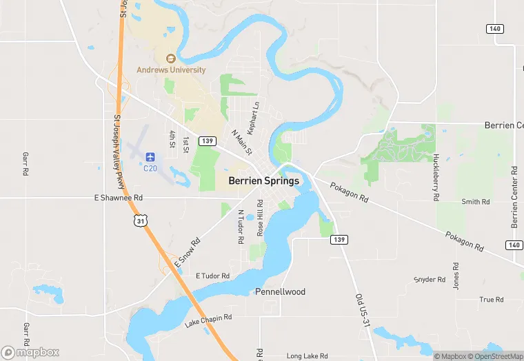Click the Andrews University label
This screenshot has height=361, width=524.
click(x=171, y=70)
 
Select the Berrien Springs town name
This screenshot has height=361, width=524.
click(x=264, y=181)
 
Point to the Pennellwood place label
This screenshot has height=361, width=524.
click(x=280, y=292)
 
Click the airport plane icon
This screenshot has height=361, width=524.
click(x=150, y=156)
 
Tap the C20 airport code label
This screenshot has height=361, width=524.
click(x=150, y=167)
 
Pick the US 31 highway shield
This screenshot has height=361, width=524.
click(x=141, y=220)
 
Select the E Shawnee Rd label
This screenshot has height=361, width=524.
click(x=118, y=198)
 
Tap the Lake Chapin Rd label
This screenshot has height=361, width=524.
click(x=208, y=320)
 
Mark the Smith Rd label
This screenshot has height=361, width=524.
click(x=476, y=202)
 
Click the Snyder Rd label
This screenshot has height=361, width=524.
click(x=430, y=280)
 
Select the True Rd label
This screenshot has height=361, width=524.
click(x=492, y=300)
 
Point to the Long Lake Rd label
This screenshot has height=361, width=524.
click(x=305, y=355)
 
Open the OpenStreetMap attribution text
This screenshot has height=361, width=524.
click(x=495, y=356)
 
